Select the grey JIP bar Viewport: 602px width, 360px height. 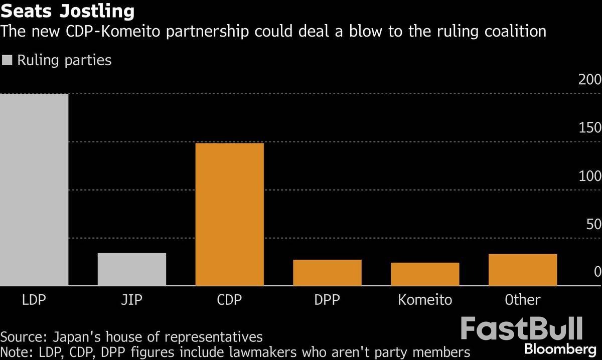point(132,269)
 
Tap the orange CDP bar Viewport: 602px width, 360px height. point(229,214)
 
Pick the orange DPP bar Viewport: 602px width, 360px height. point(327,273)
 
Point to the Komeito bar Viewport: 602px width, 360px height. point(425,274)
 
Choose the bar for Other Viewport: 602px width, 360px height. point(523,270)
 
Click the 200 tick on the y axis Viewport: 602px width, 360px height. point(589,80)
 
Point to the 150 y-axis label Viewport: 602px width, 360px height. point(589,128)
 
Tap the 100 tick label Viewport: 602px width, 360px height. point(589,176)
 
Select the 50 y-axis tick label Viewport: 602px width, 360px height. point(593,224)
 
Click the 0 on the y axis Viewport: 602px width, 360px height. point(597,272)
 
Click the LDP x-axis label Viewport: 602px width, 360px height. point(34,300)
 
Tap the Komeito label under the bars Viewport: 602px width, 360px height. point(425,300)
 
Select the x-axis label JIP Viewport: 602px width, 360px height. point(132,300)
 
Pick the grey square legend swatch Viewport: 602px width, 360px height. point(7,61)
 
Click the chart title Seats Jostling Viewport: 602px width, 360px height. point(68,11)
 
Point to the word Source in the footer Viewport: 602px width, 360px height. point(20,336)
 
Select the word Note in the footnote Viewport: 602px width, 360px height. point(14,351)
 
